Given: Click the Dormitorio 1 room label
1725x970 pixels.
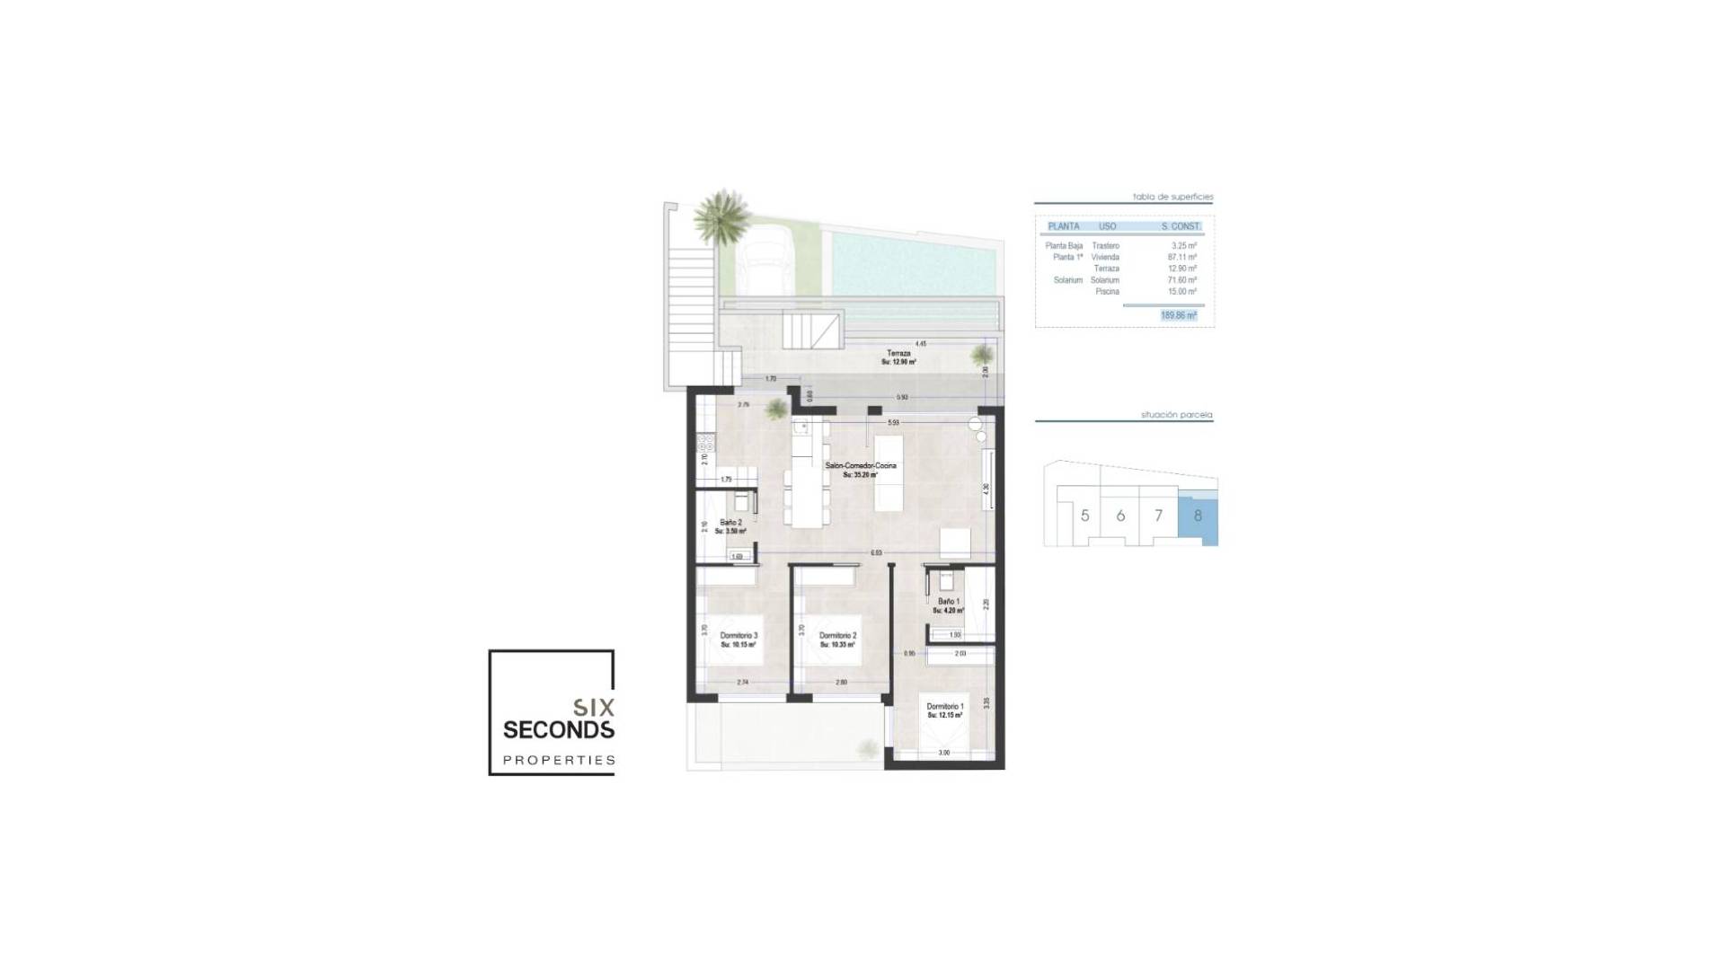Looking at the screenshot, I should [x=944, y=707].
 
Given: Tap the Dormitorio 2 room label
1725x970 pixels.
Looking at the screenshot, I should [x=836, y=636].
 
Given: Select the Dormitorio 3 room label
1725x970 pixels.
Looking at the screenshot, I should [x=739, y=636].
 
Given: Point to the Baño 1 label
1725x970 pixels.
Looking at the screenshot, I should [x=949, y=602].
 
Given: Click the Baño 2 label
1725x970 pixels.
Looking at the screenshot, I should [x=730, y=523].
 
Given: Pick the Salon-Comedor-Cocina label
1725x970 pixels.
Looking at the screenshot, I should [x=860, y=466].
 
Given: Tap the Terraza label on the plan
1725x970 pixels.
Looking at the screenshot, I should [x=898, y=354].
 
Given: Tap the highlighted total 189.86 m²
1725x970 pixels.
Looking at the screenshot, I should [x=1178, y=316].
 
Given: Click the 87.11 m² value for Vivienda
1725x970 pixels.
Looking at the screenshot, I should [x=1181, y=257].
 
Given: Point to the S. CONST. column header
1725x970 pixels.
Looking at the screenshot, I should [x=1180, y=226].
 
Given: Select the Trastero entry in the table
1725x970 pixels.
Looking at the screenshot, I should [x=1105, y=246].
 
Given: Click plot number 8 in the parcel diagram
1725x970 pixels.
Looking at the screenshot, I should [x=1198, y=516].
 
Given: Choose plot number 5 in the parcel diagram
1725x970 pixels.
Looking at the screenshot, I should [x=1085, y=516].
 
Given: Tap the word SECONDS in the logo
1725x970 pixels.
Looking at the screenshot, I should [x=558, y=729].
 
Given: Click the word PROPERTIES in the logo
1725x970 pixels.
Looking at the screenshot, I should [x=558, y=761].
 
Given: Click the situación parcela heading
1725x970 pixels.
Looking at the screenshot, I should [x=1176, y=416].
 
